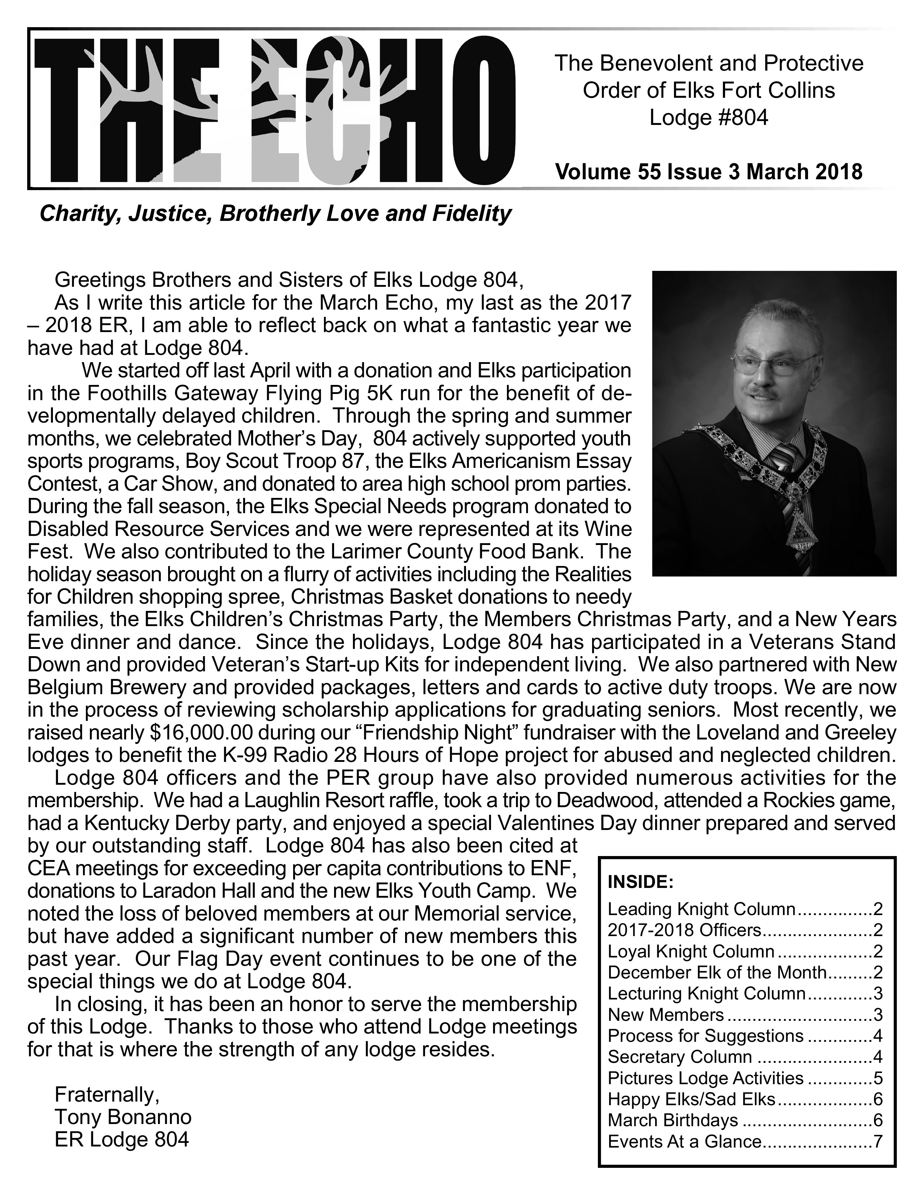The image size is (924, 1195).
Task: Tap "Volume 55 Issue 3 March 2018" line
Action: pos(709,171)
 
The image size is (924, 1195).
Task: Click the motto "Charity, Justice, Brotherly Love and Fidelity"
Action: pos(275,213)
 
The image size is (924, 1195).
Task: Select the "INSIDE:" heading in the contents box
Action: pos(640,882)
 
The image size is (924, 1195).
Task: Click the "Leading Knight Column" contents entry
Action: pos(701,909)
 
